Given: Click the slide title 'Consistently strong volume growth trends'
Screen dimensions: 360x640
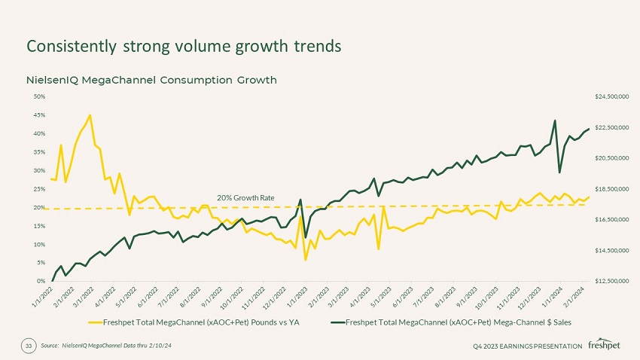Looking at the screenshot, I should coord(184,46).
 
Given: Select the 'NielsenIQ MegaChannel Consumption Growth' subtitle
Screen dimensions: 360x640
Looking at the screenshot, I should coord(151,80).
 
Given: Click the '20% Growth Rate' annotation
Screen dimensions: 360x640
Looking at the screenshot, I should coord(245,197).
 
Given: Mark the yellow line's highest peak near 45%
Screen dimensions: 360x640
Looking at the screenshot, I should coord(90,115).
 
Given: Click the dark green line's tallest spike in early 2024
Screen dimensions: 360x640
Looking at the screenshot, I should coord(555,121).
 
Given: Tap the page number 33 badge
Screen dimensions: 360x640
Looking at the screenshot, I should coord(29,345).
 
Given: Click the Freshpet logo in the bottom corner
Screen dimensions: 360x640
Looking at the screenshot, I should coord(604,345).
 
